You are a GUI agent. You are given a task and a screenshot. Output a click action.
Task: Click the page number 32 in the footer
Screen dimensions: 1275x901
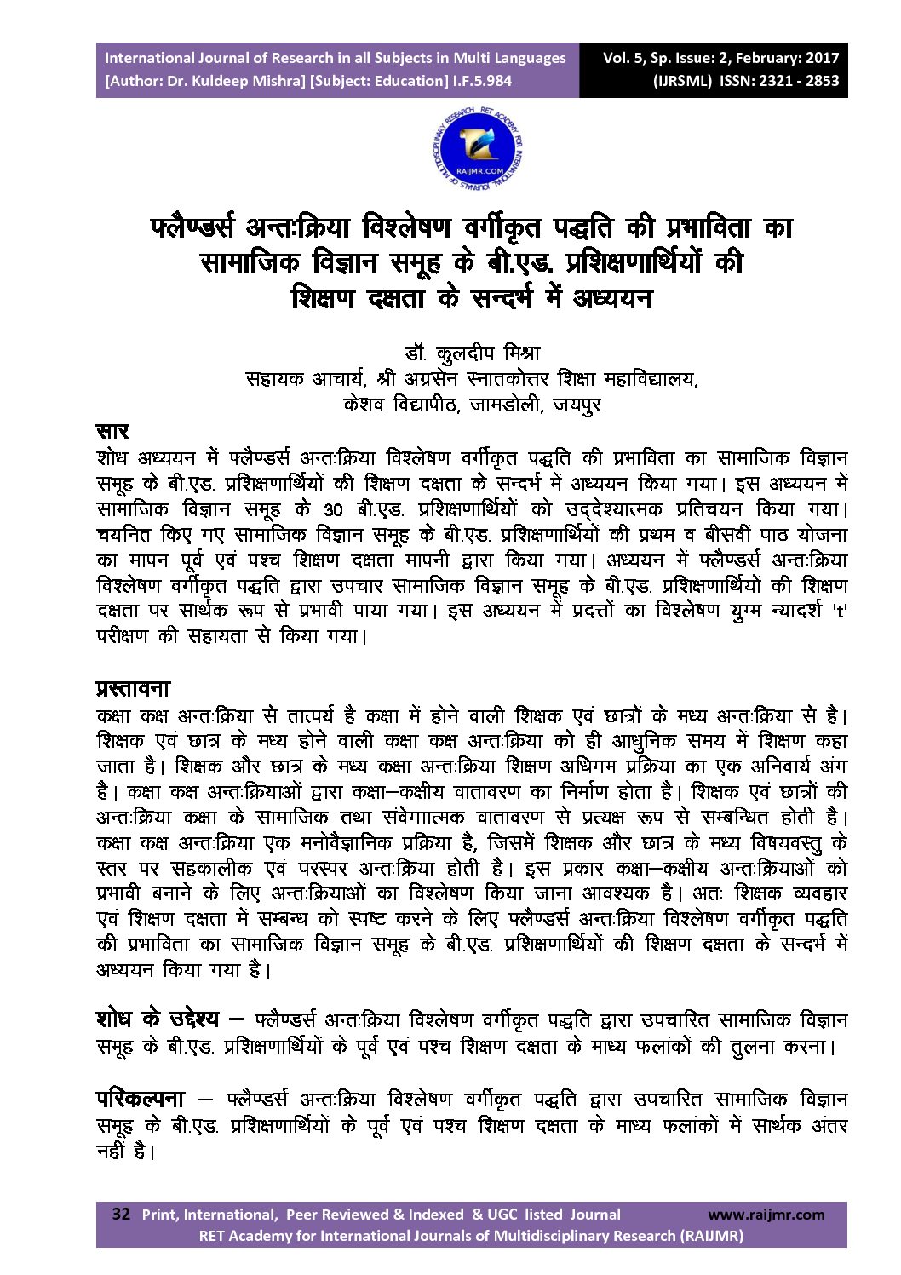pyautogui.click(x=122, y=1214)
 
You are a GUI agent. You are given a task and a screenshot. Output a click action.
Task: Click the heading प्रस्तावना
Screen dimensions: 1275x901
pyautogui.click(x=133, y=688)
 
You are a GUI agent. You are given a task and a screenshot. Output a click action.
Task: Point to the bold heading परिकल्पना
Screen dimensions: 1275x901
pyautogui.click(x=140, y=1099)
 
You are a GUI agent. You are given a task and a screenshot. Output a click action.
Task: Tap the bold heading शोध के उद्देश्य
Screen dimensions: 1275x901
pyautogui.click(x=158, y=1019)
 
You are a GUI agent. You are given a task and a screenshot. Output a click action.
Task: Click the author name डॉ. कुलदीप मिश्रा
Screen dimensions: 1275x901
pyautogui.click(x=472, y=353)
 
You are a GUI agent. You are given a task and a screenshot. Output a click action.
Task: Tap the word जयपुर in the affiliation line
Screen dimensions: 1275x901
pyautogui.click(x=577, y=405)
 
